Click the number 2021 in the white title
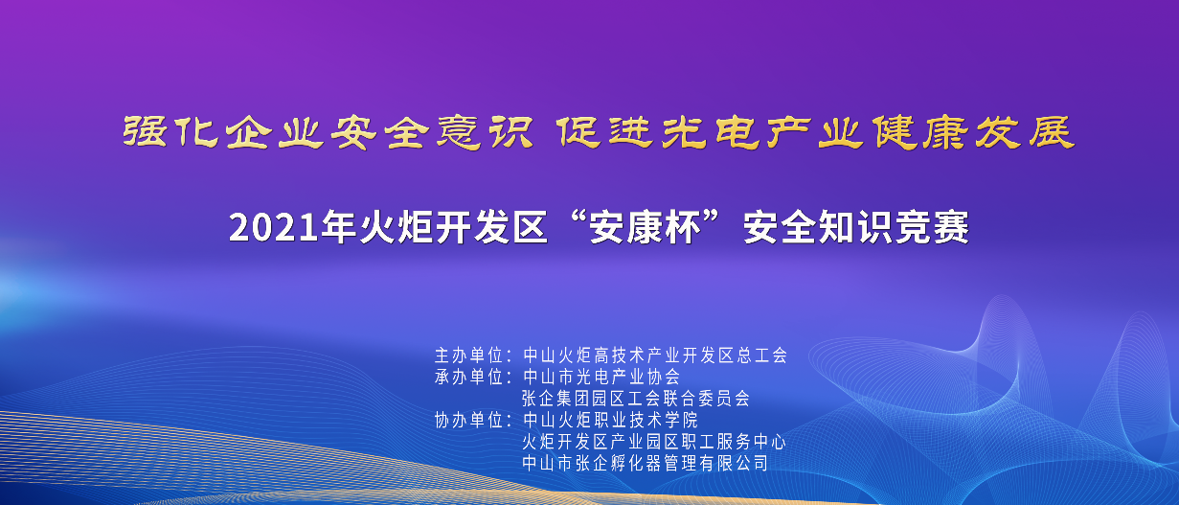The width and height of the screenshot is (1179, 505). coord(274,227)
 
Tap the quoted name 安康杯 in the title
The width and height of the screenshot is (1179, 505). coord(646,227)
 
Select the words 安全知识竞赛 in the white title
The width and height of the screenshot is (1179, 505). coord(856,227)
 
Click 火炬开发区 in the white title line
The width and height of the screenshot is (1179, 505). coord(453,227)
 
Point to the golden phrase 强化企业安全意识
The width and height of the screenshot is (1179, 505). coord(328,132)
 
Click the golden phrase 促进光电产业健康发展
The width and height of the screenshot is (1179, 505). coord(815,132)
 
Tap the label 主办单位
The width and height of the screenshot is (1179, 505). coord(469,356)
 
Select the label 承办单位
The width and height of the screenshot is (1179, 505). coord(469,377)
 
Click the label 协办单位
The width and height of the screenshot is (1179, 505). coord(469,421)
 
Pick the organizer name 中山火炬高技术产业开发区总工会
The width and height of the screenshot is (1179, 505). coord(655,356)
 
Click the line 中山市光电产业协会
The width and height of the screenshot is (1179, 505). coord(601,377)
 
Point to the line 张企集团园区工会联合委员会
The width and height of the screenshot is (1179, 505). coord(636,399)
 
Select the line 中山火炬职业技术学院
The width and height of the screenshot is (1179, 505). coord(610,421)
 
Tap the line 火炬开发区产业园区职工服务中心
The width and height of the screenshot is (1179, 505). coord(654,442)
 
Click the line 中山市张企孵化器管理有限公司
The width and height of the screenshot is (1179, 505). coord(646,464)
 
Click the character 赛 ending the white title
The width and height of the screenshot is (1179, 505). coord(951,227)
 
